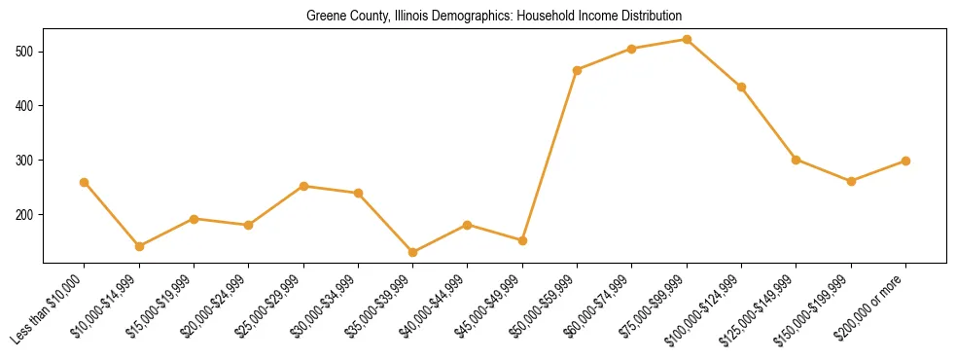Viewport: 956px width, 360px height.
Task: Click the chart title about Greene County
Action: (x=494, y=17)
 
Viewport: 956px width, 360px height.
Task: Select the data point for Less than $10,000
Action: (x=85, y=182)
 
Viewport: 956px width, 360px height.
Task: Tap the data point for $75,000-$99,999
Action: (x=687, y=40)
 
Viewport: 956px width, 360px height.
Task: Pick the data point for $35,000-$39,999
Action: (x=413, y=252)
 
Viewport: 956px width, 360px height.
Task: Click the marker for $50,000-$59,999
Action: (x=578, y=70)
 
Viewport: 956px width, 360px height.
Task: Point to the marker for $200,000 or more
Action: (x=905, y=161)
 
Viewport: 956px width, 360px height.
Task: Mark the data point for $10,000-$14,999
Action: (x=139, y=246)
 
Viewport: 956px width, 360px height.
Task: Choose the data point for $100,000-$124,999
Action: (x=741, y=87)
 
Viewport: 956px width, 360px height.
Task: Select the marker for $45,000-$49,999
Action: (x=522, y=240)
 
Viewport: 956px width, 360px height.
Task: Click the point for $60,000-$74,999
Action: (x=632, y=49)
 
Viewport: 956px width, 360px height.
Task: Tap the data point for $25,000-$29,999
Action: (x=304, y=186)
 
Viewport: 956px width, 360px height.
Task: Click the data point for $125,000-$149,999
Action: (x=796, y=160)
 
